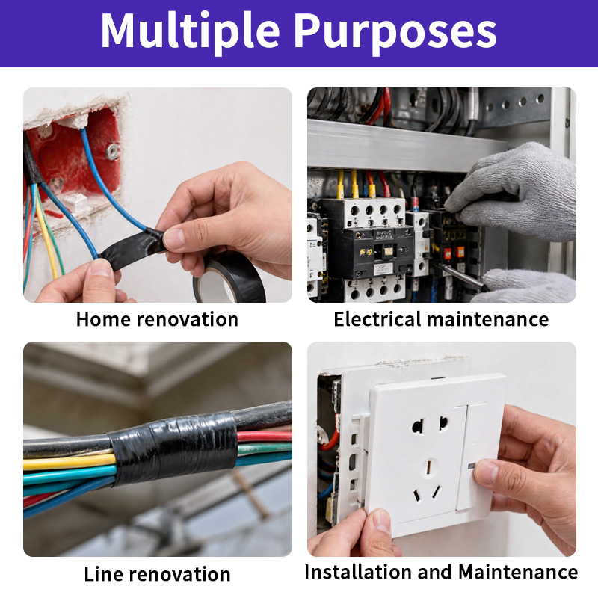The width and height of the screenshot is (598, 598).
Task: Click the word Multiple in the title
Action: point(190,31)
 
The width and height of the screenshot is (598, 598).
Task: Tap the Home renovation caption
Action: point(157,319)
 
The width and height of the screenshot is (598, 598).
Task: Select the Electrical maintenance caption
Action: point(441,319)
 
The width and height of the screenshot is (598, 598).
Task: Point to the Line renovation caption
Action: point(157,574)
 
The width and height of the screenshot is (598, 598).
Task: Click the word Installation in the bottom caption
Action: point(357,572)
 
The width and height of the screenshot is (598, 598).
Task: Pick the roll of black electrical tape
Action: point(229,277)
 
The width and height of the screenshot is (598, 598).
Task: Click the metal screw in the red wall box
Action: point(112,151)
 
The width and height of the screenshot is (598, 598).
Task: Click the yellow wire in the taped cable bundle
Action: point(70,462)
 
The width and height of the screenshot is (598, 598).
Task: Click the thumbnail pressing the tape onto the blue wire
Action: point(173,238)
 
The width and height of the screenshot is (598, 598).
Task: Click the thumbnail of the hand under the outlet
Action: point(382,522)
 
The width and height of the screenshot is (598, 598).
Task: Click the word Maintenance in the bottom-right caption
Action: point(518,572)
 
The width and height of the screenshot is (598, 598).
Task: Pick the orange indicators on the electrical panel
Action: point(454,252)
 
